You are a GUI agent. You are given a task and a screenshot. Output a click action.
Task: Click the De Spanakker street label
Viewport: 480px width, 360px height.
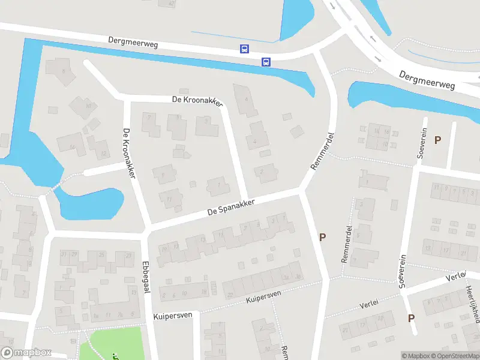coord(231,207)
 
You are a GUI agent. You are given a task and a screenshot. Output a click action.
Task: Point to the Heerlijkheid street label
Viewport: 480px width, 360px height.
coord(471,303)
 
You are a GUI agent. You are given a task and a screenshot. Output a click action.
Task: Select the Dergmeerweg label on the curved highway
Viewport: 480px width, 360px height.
coord(427,80)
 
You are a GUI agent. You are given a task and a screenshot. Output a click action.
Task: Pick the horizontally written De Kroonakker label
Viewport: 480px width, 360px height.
coord(197,101)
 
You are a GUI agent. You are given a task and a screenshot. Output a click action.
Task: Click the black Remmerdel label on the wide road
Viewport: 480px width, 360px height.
coord(322,151)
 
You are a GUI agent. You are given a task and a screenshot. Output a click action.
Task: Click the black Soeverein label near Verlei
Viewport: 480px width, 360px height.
coord(403,271)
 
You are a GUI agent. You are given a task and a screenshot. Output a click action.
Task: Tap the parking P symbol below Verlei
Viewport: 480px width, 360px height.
coord(411,318)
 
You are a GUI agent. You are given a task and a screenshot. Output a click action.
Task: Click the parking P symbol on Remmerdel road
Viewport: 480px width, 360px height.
coord(322,237)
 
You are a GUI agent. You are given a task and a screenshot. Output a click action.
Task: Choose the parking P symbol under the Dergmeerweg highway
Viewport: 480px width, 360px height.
coord(437,140)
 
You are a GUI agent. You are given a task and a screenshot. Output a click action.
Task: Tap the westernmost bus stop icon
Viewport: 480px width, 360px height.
coord(244,49)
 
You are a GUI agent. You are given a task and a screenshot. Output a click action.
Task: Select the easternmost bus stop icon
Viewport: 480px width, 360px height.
coord(265,61)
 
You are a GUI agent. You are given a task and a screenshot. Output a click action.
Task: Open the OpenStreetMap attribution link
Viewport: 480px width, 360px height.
coord(455,356)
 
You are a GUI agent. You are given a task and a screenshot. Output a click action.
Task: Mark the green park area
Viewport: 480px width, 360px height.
coord(114,343)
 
